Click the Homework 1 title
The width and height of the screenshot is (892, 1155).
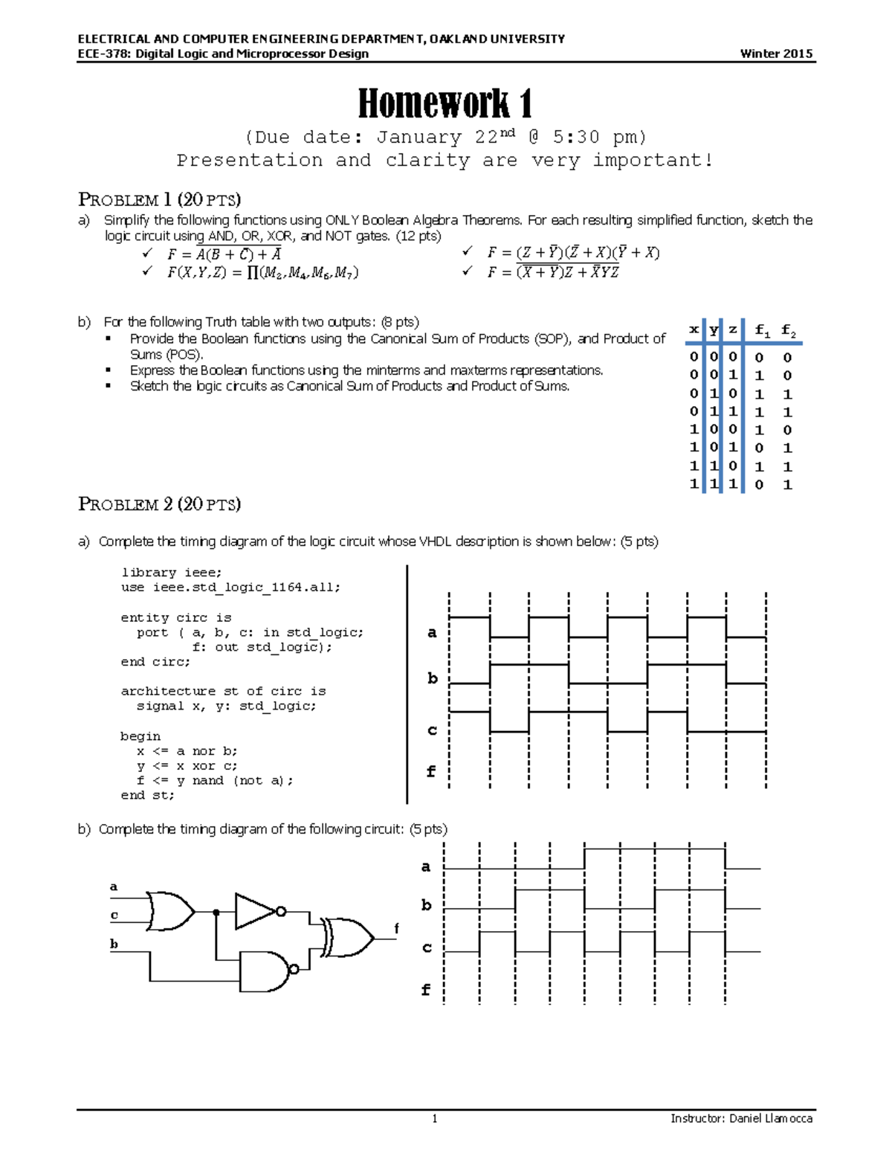[445, 103]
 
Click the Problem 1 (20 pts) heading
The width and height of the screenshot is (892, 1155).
[159, 199]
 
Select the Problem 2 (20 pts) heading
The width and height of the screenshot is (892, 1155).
[159, 504]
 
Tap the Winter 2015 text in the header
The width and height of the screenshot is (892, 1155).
[776, 54]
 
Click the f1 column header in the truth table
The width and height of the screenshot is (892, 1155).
[762, 330]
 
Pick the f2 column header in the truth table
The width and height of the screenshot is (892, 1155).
[788, 330]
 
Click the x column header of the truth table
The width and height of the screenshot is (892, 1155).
[694, 329]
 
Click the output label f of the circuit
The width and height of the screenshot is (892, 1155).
[396, 928]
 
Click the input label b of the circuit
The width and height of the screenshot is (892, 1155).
[114, 944]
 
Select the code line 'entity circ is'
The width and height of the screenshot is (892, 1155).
[176, 617]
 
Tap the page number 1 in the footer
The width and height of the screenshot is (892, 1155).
[435, 1119]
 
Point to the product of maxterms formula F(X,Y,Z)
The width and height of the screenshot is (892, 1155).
[262, 273]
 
